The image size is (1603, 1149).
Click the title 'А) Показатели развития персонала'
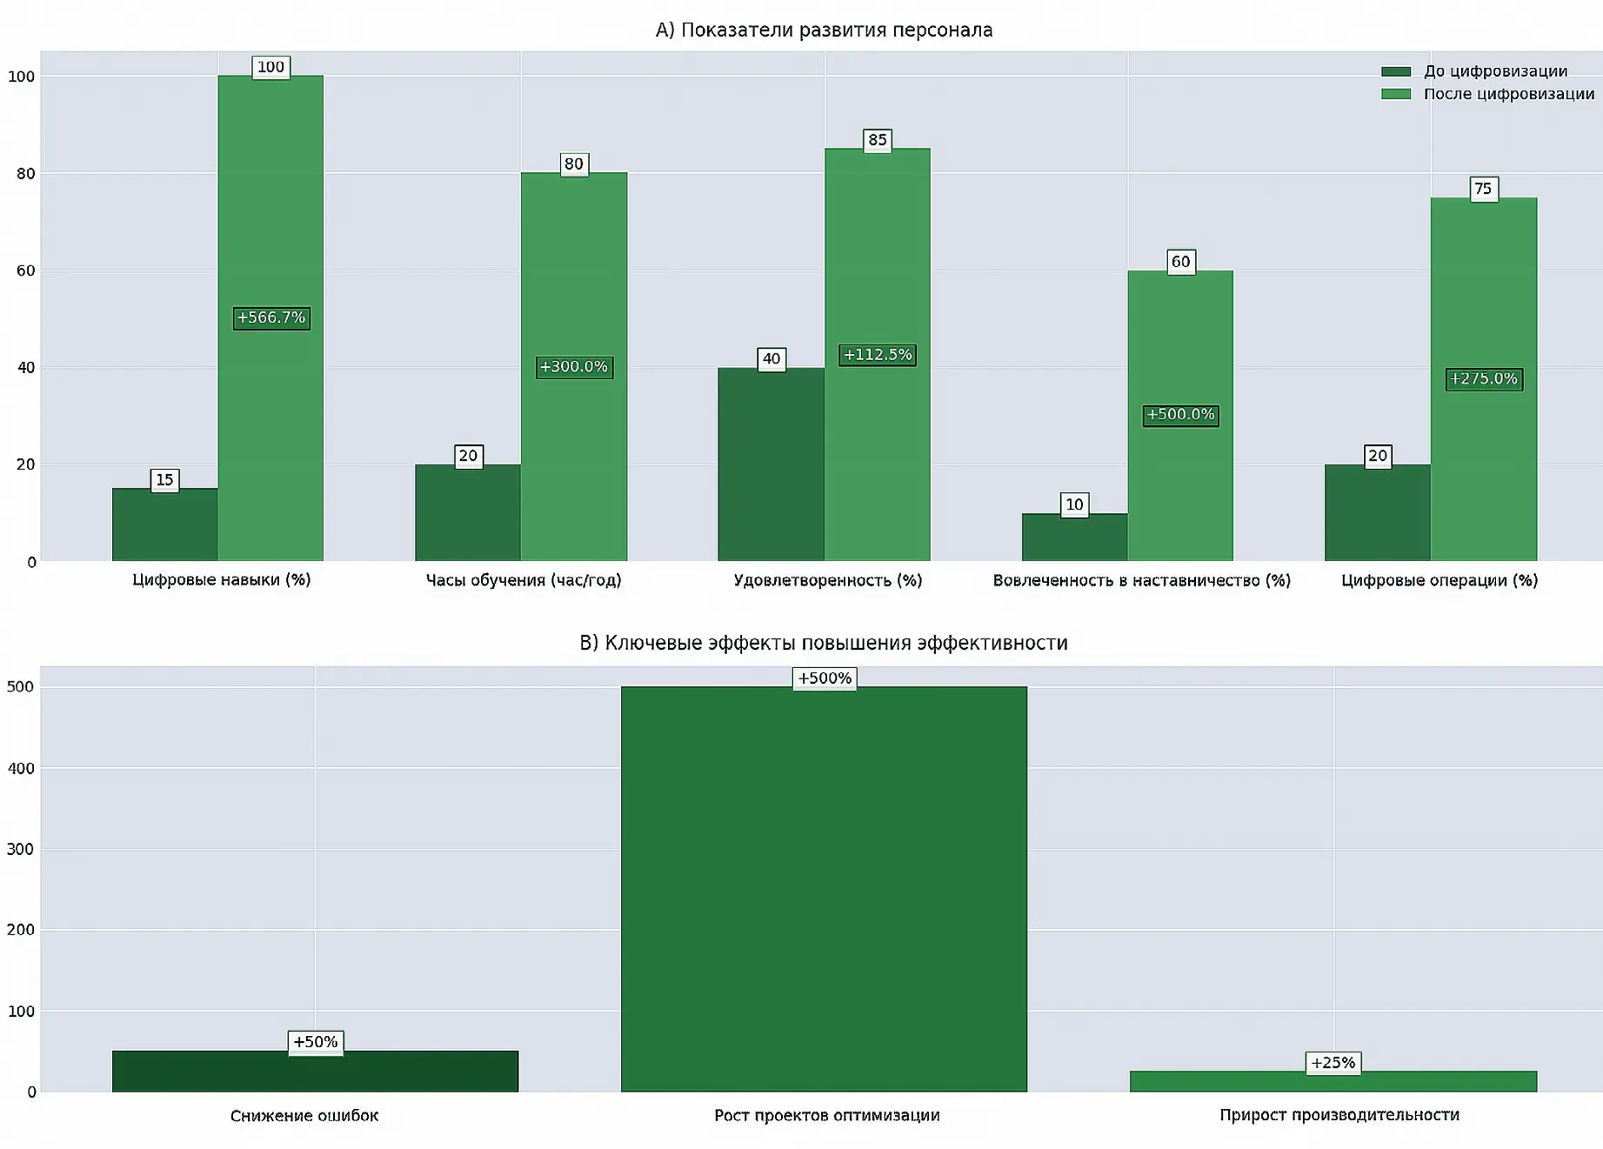823,30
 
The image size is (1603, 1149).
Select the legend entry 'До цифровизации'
1494,71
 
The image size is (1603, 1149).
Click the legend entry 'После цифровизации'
1507,94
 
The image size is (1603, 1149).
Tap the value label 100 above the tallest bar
271,67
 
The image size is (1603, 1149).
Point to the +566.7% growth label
271,317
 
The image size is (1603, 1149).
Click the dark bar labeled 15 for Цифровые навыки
164,525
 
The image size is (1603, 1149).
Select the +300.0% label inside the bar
574,367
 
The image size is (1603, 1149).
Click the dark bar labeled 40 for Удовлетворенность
771,465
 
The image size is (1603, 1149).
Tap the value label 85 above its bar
878,140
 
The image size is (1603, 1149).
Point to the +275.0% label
1483,379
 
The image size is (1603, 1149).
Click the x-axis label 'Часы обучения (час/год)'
524,580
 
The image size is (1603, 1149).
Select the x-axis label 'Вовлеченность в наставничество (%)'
1141,580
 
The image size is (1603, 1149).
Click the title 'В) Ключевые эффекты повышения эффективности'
823,643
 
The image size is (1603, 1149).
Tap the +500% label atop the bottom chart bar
824,678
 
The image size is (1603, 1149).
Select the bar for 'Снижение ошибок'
315,1072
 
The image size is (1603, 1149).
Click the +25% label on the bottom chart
1332,1063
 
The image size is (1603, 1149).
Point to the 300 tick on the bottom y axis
20,849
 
